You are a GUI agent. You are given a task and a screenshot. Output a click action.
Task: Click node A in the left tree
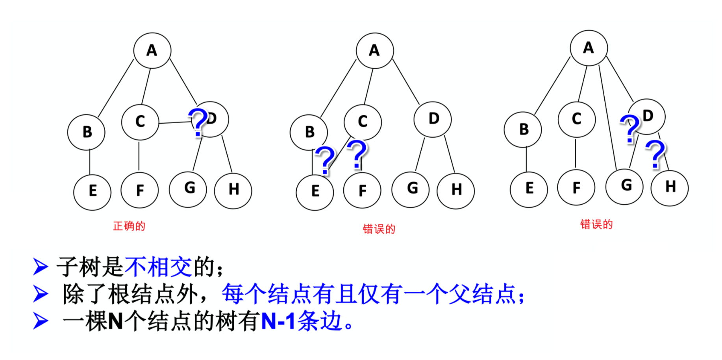152,51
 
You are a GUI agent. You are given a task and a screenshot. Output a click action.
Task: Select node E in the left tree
92,192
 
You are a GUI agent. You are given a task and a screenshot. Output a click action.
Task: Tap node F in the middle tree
362,191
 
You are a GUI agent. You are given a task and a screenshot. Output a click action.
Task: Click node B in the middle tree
309,132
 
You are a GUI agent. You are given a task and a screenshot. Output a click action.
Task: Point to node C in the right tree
576,119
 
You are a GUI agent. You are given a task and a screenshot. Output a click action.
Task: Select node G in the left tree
188,189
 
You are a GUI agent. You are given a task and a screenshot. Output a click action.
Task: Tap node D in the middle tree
433,119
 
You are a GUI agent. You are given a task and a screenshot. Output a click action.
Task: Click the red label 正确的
129,226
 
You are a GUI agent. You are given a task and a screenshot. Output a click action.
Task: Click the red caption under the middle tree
379,229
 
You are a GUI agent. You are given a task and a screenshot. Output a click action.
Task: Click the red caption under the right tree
596,225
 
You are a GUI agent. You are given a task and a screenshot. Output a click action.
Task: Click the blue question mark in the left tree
198,122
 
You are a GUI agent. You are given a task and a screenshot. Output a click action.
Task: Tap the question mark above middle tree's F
357,154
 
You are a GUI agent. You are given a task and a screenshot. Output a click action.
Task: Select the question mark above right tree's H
655,154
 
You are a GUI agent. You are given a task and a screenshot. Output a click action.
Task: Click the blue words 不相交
158,267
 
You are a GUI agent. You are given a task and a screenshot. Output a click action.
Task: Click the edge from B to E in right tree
526,159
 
